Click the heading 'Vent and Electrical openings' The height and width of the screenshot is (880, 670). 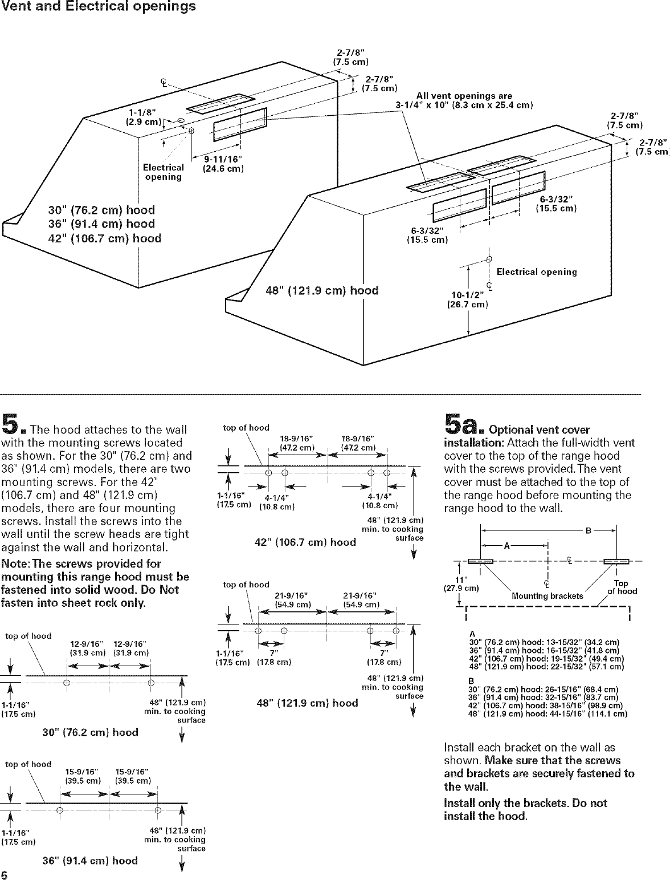click(98, 7)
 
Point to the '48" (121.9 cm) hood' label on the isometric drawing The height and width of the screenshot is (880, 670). click(322, 290)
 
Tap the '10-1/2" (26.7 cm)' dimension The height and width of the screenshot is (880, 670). click(467, 299)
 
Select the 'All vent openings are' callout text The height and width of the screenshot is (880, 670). click(464, 95)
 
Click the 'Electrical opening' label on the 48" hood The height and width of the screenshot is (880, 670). click(537, 272)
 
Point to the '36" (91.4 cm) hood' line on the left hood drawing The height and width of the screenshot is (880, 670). click(101, 224)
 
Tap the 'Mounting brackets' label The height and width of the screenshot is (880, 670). click(548, 596)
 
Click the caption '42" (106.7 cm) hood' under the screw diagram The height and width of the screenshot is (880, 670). click(305, 542)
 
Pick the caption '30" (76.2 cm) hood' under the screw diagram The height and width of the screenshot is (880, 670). click(91, 732)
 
